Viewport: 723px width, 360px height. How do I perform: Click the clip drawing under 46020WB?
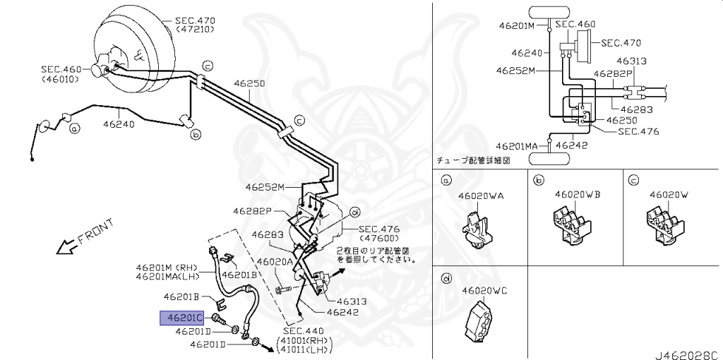coord(572,225)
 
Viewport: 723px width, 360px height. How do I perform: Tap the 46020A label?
coord(275,262)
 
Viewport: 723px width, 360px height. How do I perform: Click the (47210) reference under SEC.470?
coord(196,30)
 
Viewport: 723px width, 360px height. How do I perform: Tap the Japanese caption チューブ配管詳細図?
coord(473,160)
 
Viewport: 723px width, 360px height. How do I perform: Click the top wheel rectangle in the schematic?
coord(549,12)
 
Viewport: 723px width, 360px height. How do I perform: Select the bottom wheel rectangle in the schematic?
coord(549,159)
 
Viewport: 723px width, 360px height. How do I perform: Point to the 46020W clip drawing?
coord(665,225)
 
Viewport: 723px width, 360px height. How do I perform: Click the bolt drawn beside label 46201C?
coord(219,319)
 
